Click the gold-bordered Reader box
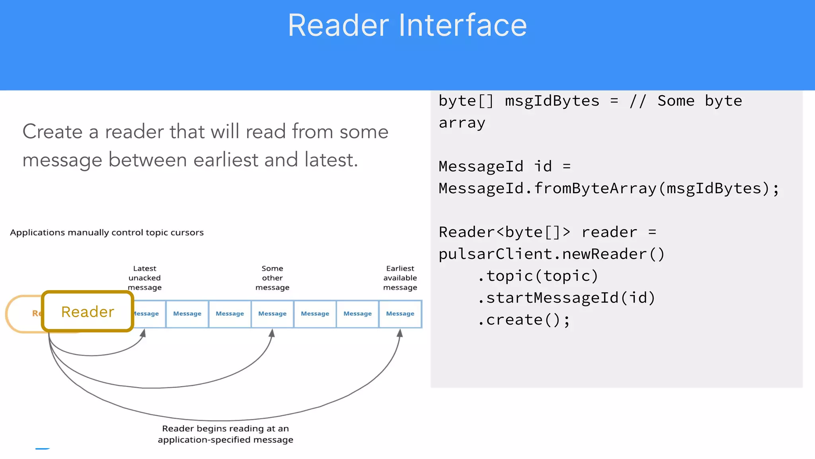pyautogui.click(x=88, y=312)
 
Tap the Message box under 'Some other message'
pyautogui.click(x=272, y=314)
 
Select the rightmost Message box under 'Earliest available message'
pyautogui.click(x=400, y=314)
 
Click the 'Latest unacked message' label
pyautogui.click(x=144, y=278)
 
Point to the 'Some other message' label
pyautogui.click(x=272, y=278)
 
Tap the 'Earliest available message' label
pyautogui.click(x=400, y=278)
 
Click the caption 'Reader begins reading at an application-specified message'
pyautogui.click(x=225, y=434)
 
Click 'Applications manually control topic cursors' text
pyautogui.click(x=107, y=233)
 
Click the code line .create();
pyautogui.click(x=524, y=320)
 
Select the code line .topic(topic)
pyautogui.click(x=538, y=276)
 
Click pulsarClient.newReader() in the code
pyautogui.click(x=552, y=254)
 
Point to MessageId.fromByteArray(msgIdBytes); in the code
pyautogui.click(x=609, y=188)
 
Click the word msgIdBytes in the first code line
pyautogui.click(x=552, y=101)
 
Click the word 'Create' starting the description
pyautogui.click(x=53, y=132)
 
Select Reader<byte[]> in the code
pyautogui.click(x=504, y=232)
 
